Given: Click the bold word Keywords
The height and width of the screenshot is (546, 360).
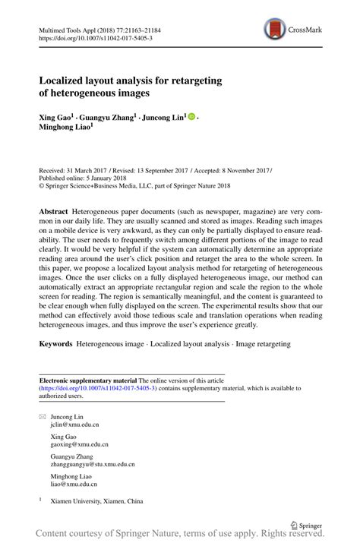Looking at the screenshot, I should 56,344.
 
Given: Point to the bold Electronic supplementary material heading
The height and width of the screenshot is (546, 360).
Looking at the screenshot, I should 87,379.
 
